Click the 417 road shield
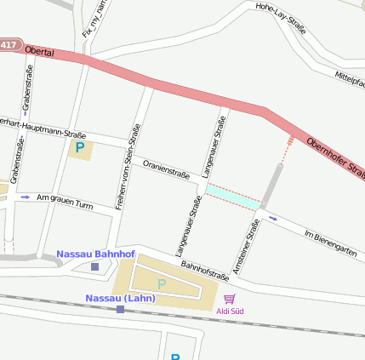tap(9, 44)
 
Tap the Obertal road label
tap(40, 53)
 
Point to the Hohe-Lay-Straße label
tap(282, 21)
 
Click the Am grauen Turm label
tap(65, 201)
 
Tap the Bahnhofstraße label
tap(205, 271)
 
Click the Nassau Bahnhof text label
tap(95, 254)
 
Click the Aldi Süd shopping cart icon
tap(229, 299)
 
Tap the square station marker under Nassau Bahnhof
tap(94, 266)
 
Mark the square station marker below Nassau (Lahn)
tap(120, 310)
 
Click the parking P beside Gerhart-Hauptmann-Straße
tap(80, 149)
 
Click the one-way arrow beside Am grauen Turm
tap(26, 197)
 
